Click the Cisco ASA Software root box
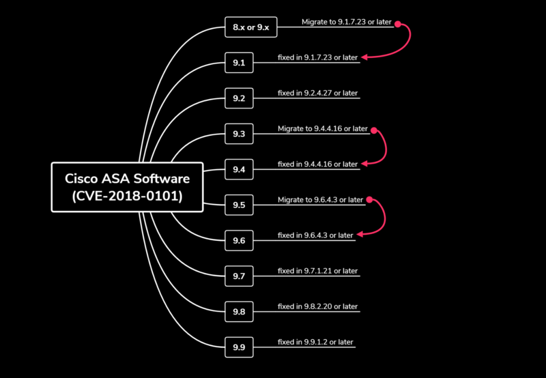[x=127, y=187]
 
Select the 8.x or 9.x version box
[x=251, y=27]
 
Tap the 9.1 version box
[x=239, y=63]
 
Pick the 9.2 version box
[x=239, y=98]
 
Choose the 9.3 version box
[x=239, y=134]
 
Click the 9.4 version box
[x=239, y=169]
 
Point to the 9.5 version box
[x=239, y=205]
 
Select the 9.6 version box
[x=239, y=240]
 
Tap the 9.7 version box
[x=239, y=276]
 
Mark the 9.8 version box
[x=239, y=312]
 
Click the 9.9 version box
[x=239, y=347]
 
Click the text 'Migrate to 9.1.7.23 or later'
[x=347, y=22]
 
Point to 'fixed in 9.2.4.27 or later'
[x=317, y=93]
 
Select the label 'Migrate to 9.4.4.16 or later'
[x=322, y=128]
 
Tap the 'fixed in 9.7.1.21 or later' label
[x=317, y=271]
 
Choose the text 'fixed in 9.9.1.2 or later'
[x=315, y=342]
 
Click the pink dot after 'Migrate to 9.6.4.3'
[x=370, y=199]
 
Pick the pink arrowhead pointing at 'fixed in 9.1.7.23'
[x=364, y=57]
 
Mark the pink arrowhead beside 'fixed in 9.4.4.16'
[x=364, y=164]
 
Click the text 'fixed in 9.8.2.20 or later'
[x=317, y=306]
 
